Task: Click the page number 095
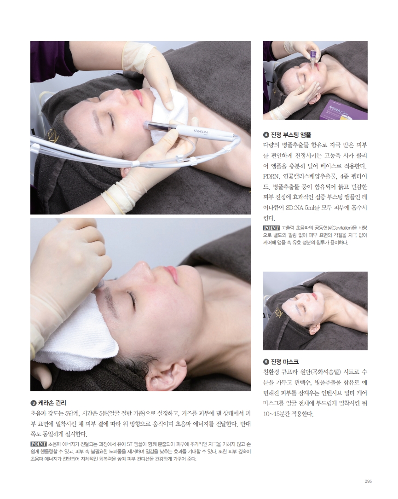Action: pyautogui.click(x=368, y=482)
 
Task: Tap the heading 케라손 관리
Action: pyautogui.click(x=52, y=403)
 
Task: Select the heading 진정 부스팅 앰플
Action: pyautogui.click(x=291, y=134)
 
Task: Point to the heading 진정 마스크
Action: pyautogui.click(x=285, y=361)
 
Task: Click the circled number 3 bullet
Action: pyautogui.click(x=34, y=403)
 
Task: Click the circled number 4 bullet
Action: pyautogui.click(x=266, y=135)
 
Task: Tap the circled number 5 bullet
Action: pyautogui.click(x=266, y=362)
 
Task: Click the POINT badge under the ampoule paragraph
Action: pyautogui.click(x=271, y=228)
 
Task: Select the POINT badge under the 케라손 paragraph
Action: pyautogui.click(x=39, y=444)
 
